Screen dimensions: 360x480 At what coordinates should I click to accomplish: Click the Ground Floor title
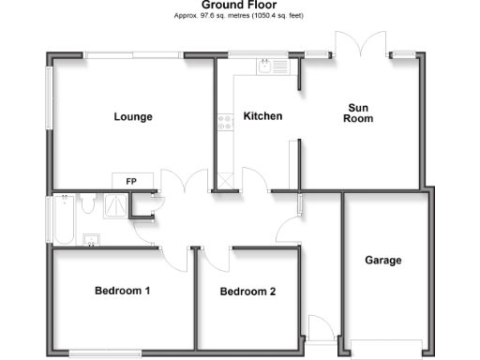[x=239, y=6]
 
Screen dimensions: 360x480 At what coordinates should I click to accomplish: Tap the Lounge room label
[x=133, y=117]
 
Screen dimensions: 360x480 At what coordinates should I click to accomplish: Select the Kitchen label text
[x=262, y=116]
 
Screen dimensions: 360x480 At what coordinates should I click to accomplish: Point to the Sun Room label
[x=358, y=113]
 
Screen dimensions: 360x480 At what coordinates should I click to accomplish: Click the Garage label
[x=384, y=260]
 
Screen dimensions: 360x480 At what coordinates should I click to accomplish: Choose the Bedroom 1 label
[x=123, y=291]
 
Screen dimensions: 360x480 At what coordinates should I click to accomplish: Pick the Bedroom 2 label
[x=247, y=292]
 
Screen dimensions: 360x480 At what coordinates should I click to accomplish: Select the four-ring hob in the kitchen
[x=224, y=120]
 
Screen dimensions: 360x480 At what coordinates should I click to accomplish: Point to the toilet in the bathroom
[x=87, y=202]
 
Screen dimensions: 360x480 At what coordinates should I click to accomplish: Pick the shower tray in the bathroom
[x=115, y=204]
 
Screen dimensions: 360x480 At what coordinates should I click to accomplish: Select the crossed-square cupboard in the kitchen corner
[x=225, y=182]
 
